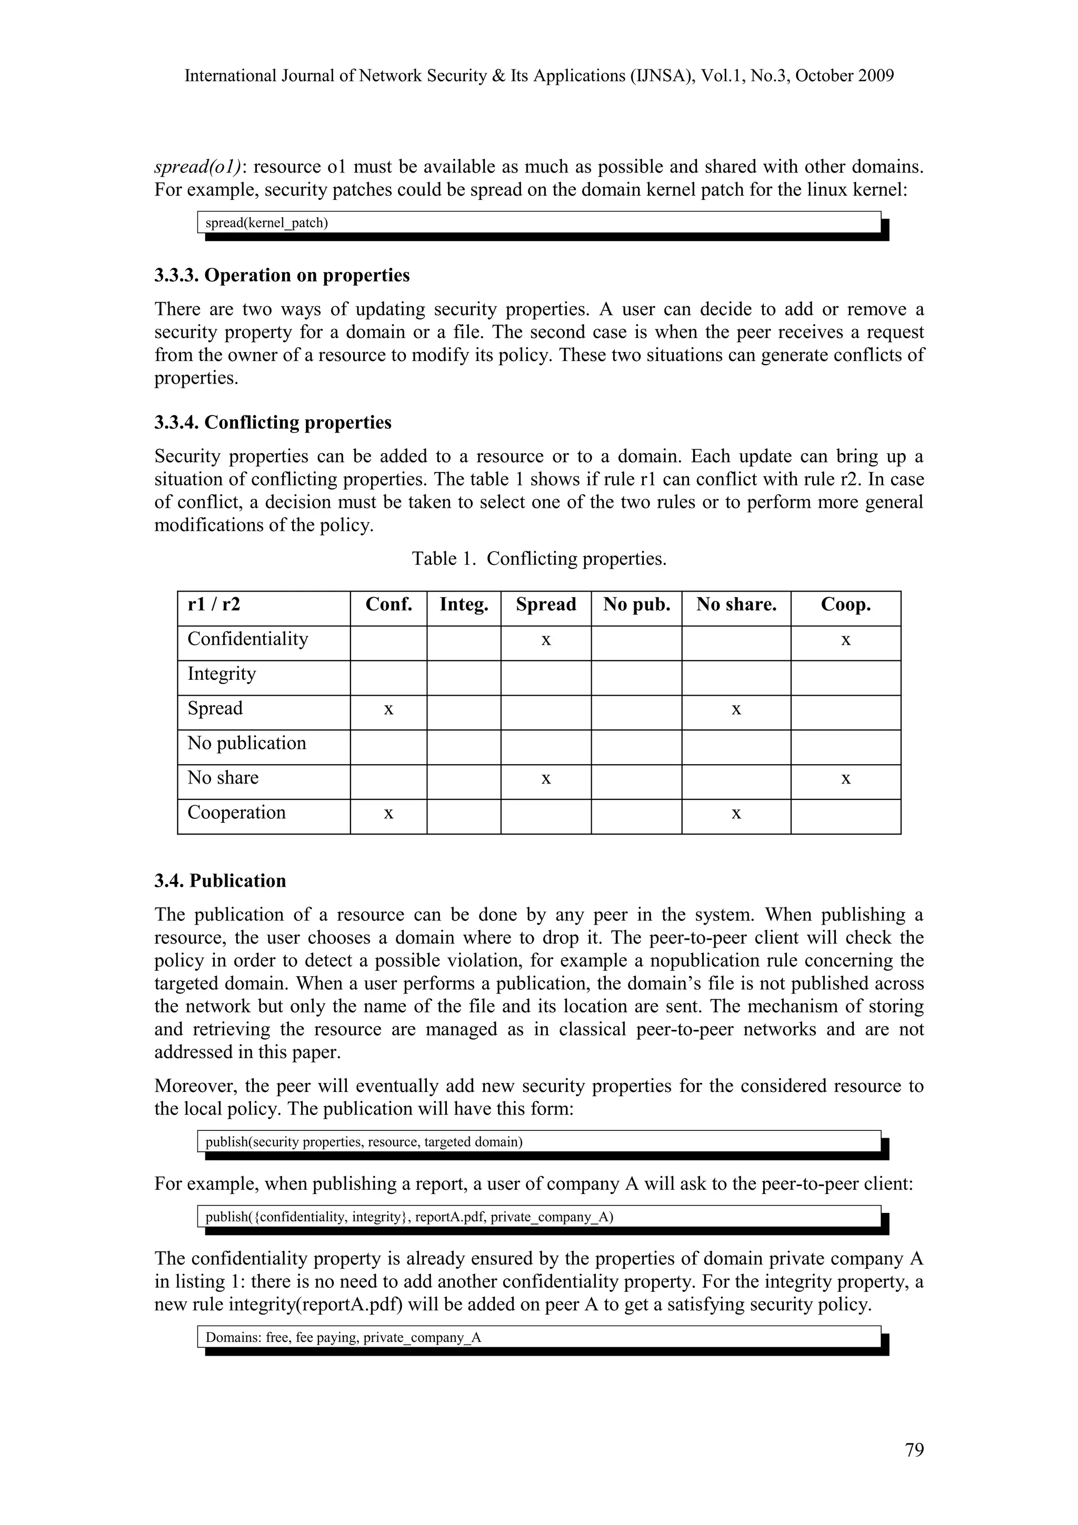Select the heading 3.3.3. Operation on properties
click(x=282, y=276)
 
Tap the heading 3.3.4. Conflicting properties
click(x=273, y=423)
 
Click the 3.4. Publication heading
click(x=221, y=881)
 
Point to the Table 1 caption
click(x=538, y=559)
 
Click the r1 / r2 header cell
click(x=214, y=605)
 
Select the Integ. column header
click(x=464, y=605)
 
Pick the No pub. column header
click(x=636, y=605)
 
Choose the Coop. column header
click(x=845, y=605)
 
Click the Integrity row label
click(x=222, y=674)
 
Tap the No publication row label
click(x=247, y=743)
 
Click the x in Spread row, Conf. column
click(x=388, y=709)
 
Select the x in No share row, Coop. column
click(x=845, y=778)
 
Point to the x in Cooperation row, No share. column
click(x=736, y=814)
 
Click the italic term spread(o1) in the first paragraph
click(x=198, y=167)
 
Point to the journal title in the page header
click(x=538, y=76)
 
